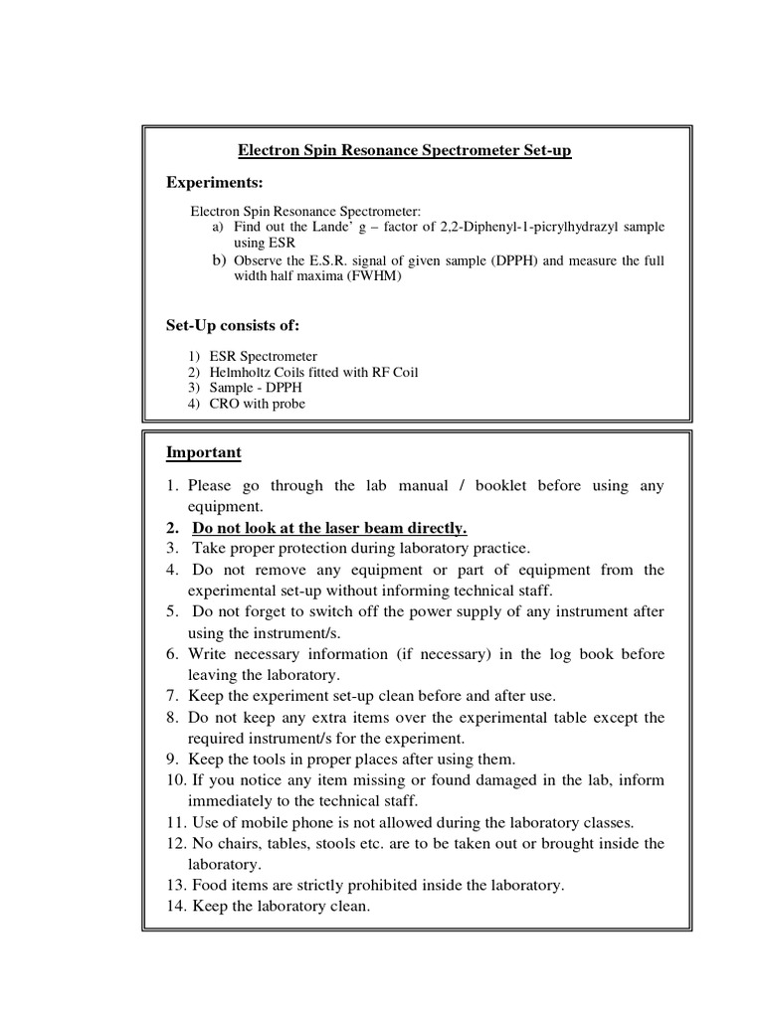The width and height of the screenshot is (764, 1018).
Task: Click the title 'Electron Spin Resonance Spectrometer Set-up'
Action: (x=405, y=150)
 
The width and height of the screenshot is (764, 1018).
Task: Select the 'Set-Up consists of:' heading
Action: (x=232, y=325)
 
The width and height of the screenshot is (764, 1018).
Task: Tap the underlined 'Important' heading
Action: (x=203, y=452)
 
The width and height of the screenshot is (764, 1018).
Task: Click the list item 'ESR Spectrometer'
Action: (x=263, y=357)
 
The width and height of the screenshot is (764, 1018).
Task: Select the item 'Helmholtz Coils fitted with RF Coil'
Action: (x=313, y=373)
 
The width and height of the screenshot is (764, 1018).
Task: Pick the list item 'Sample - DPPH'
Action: (x=254, y=388)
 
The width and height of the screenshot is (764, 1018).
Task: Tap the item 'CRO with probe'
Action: (x=256, y=404)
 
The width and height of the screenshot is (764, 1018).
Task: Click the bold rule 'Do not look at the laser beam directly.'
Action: (x=329, y=528)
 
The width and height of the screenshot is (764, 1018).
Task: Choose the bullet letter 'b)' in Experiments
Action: (x=219, y=260)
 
